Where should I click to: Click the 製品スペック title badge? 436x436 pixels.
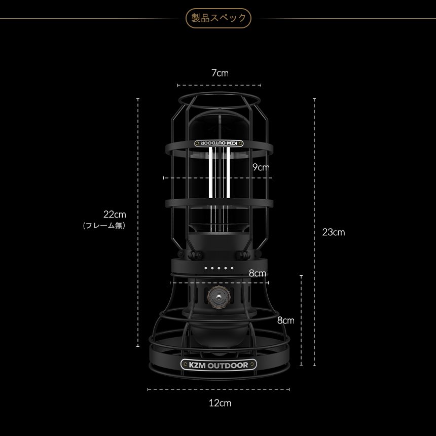219,18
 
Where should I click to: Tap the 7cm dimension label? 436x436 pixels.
220,73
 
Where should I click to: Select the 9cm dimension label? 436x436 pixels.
261,167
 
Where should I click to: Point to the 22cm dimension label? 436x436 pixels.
115,214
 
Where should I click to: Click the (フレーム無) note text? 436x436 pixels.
104,225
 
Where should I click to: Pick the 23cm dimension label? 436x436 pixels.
334,232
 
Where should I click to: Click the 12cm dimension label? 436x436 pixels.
220,403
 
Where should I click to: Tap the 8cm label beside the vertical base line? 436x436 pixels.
285,320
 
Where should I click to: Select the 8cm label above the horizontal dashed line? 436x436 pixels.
257,273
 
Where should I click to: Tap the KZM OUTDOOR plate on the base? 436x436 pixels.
219,365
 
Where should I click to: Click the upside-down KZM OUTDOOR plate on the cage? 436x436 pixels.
219,143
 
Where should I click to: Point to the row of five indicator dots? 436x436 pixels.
219,268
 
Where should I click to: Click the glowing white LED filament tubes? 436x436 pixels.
219,172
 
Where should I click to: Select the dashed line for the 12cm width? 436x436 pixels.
219,389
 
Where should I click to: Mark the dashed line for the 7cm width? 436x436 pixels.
219,85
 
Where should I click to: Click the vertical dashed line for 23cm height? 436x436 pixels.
314,232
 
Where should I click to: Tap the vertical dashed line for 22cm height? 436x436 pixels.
138,223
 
